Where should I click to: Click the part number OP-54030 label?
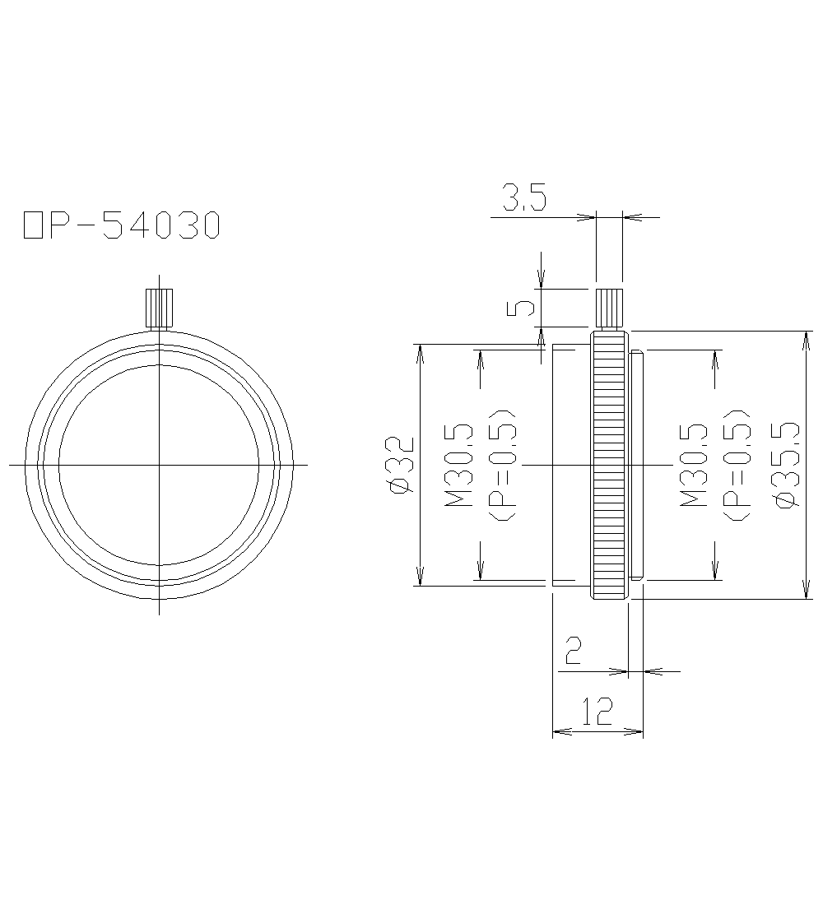coord(122,225)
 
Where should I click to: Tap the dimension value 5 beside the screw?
coord(524,308)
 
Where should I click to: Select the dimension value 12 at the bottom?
coord(597,712)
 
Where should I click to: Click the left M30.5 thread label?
coord(460,465)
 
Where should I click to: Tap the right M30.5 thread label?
coord(695,465)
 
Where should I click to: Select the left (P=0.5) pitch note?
coord(502,465)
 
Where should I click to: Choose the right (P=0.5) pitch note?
coord(736,465)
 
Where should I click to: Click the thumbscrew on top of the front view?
coord(158,308)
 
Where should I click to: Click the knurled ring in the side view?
coord(609,465)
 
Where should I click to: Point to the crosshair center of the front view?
coord(159,465)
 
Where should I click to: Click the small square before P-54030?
coord(33,225)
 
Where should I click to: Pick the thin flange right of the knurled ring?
coord(636,465)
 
